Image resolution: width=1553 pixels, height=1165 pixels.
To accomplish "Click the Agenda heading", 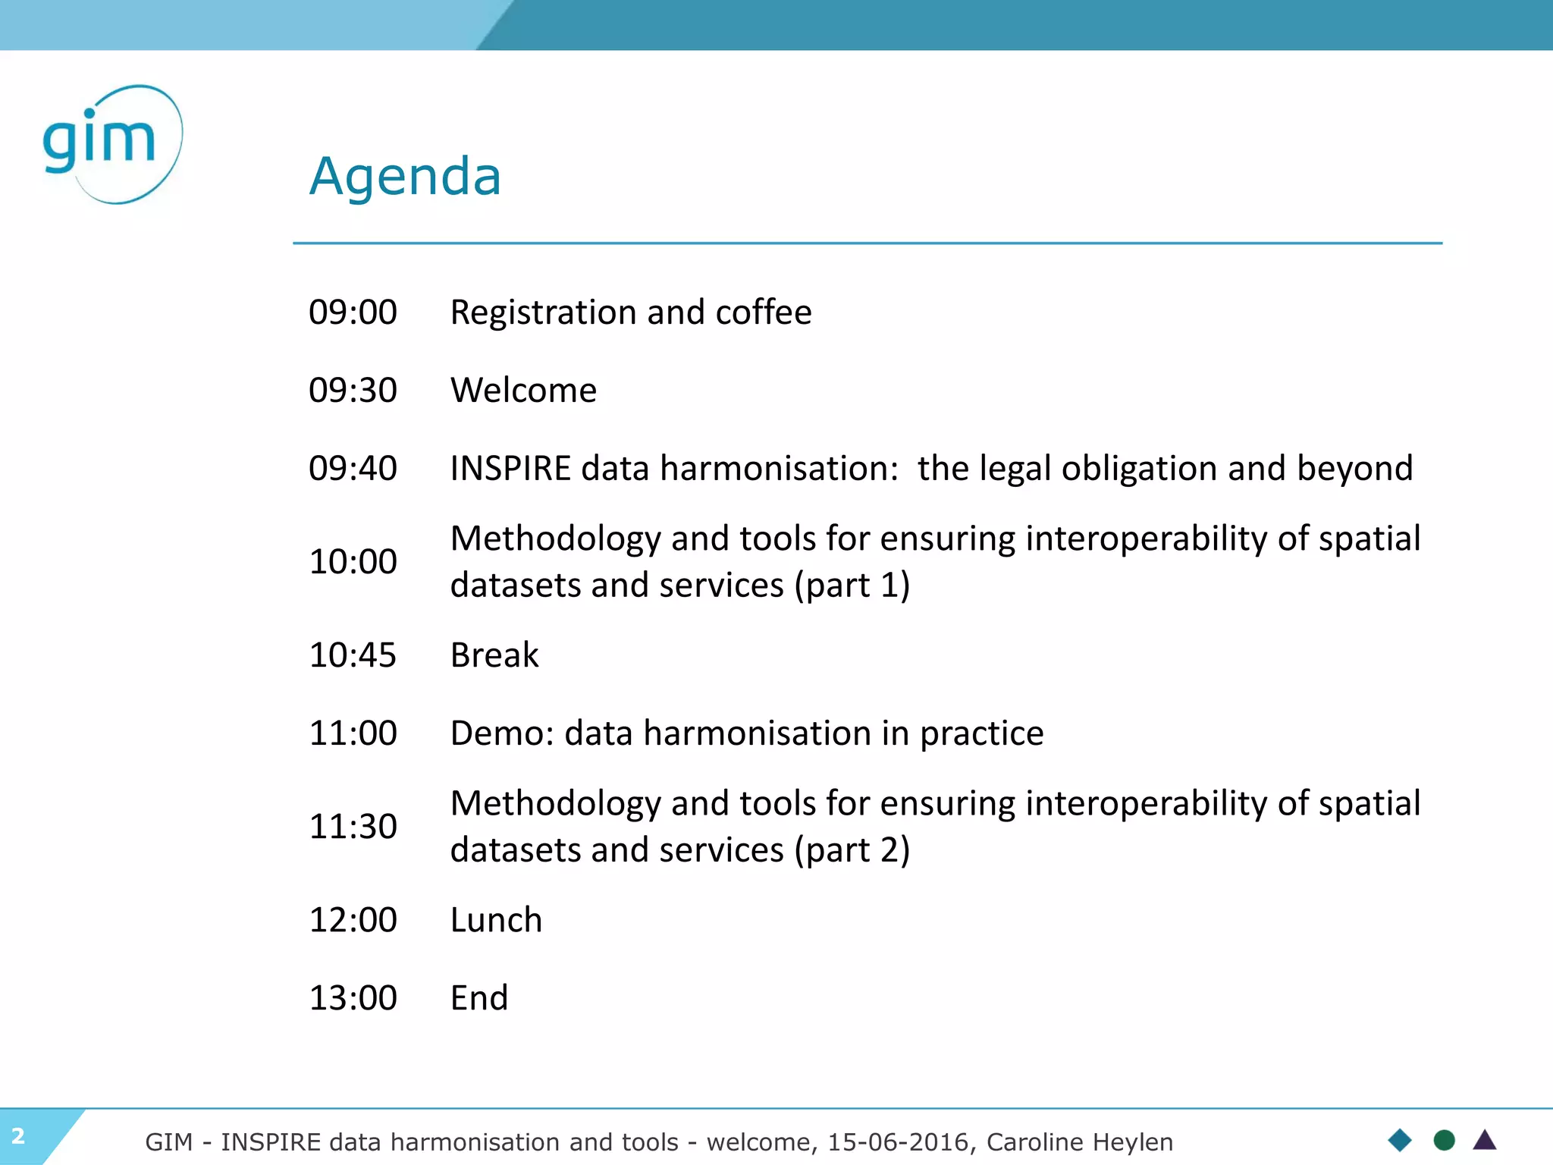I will (405, 176).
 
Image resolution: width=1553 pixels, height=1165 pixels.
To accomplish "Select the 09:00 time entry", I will (353, 312).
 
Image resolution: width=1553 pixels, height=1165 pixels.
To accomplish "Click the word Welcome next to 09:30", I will (523, 391).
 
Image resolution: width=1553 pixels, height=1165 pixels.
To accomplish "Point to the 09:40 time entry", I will (353, 469).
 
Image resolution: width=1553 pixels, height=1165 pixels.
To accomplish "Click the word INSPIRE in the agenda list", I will (510, 469).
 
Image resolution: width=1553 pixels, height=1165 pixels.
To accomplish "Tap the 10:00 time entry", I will (353, 562).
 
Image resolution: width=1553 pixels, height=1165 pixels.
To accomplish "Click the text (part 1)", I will (852, 586).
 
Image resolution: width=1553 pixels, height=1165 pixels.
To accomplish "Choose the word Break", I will (494, 655).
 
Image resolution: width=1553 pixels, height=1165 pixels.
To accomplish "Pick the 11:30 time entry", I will (353, 827).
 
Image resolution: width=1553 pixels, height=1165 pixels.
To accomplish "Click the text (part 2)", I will (852, 850).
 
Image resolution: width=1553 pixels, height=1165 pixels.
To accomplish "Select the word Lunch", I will (496, 920).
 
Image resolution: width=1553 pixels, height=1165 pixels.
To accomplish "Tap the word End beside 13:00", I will (478, 998).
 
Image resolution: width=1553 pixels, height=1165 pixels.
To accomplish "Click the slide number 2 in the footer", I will (18, 1136).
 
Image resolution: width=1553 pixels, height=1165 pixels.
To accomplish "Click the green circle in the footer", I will (1444, 1140).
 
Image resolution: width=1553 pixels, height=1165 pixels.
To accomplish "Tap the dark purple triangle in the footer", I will (1485, 1140).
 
